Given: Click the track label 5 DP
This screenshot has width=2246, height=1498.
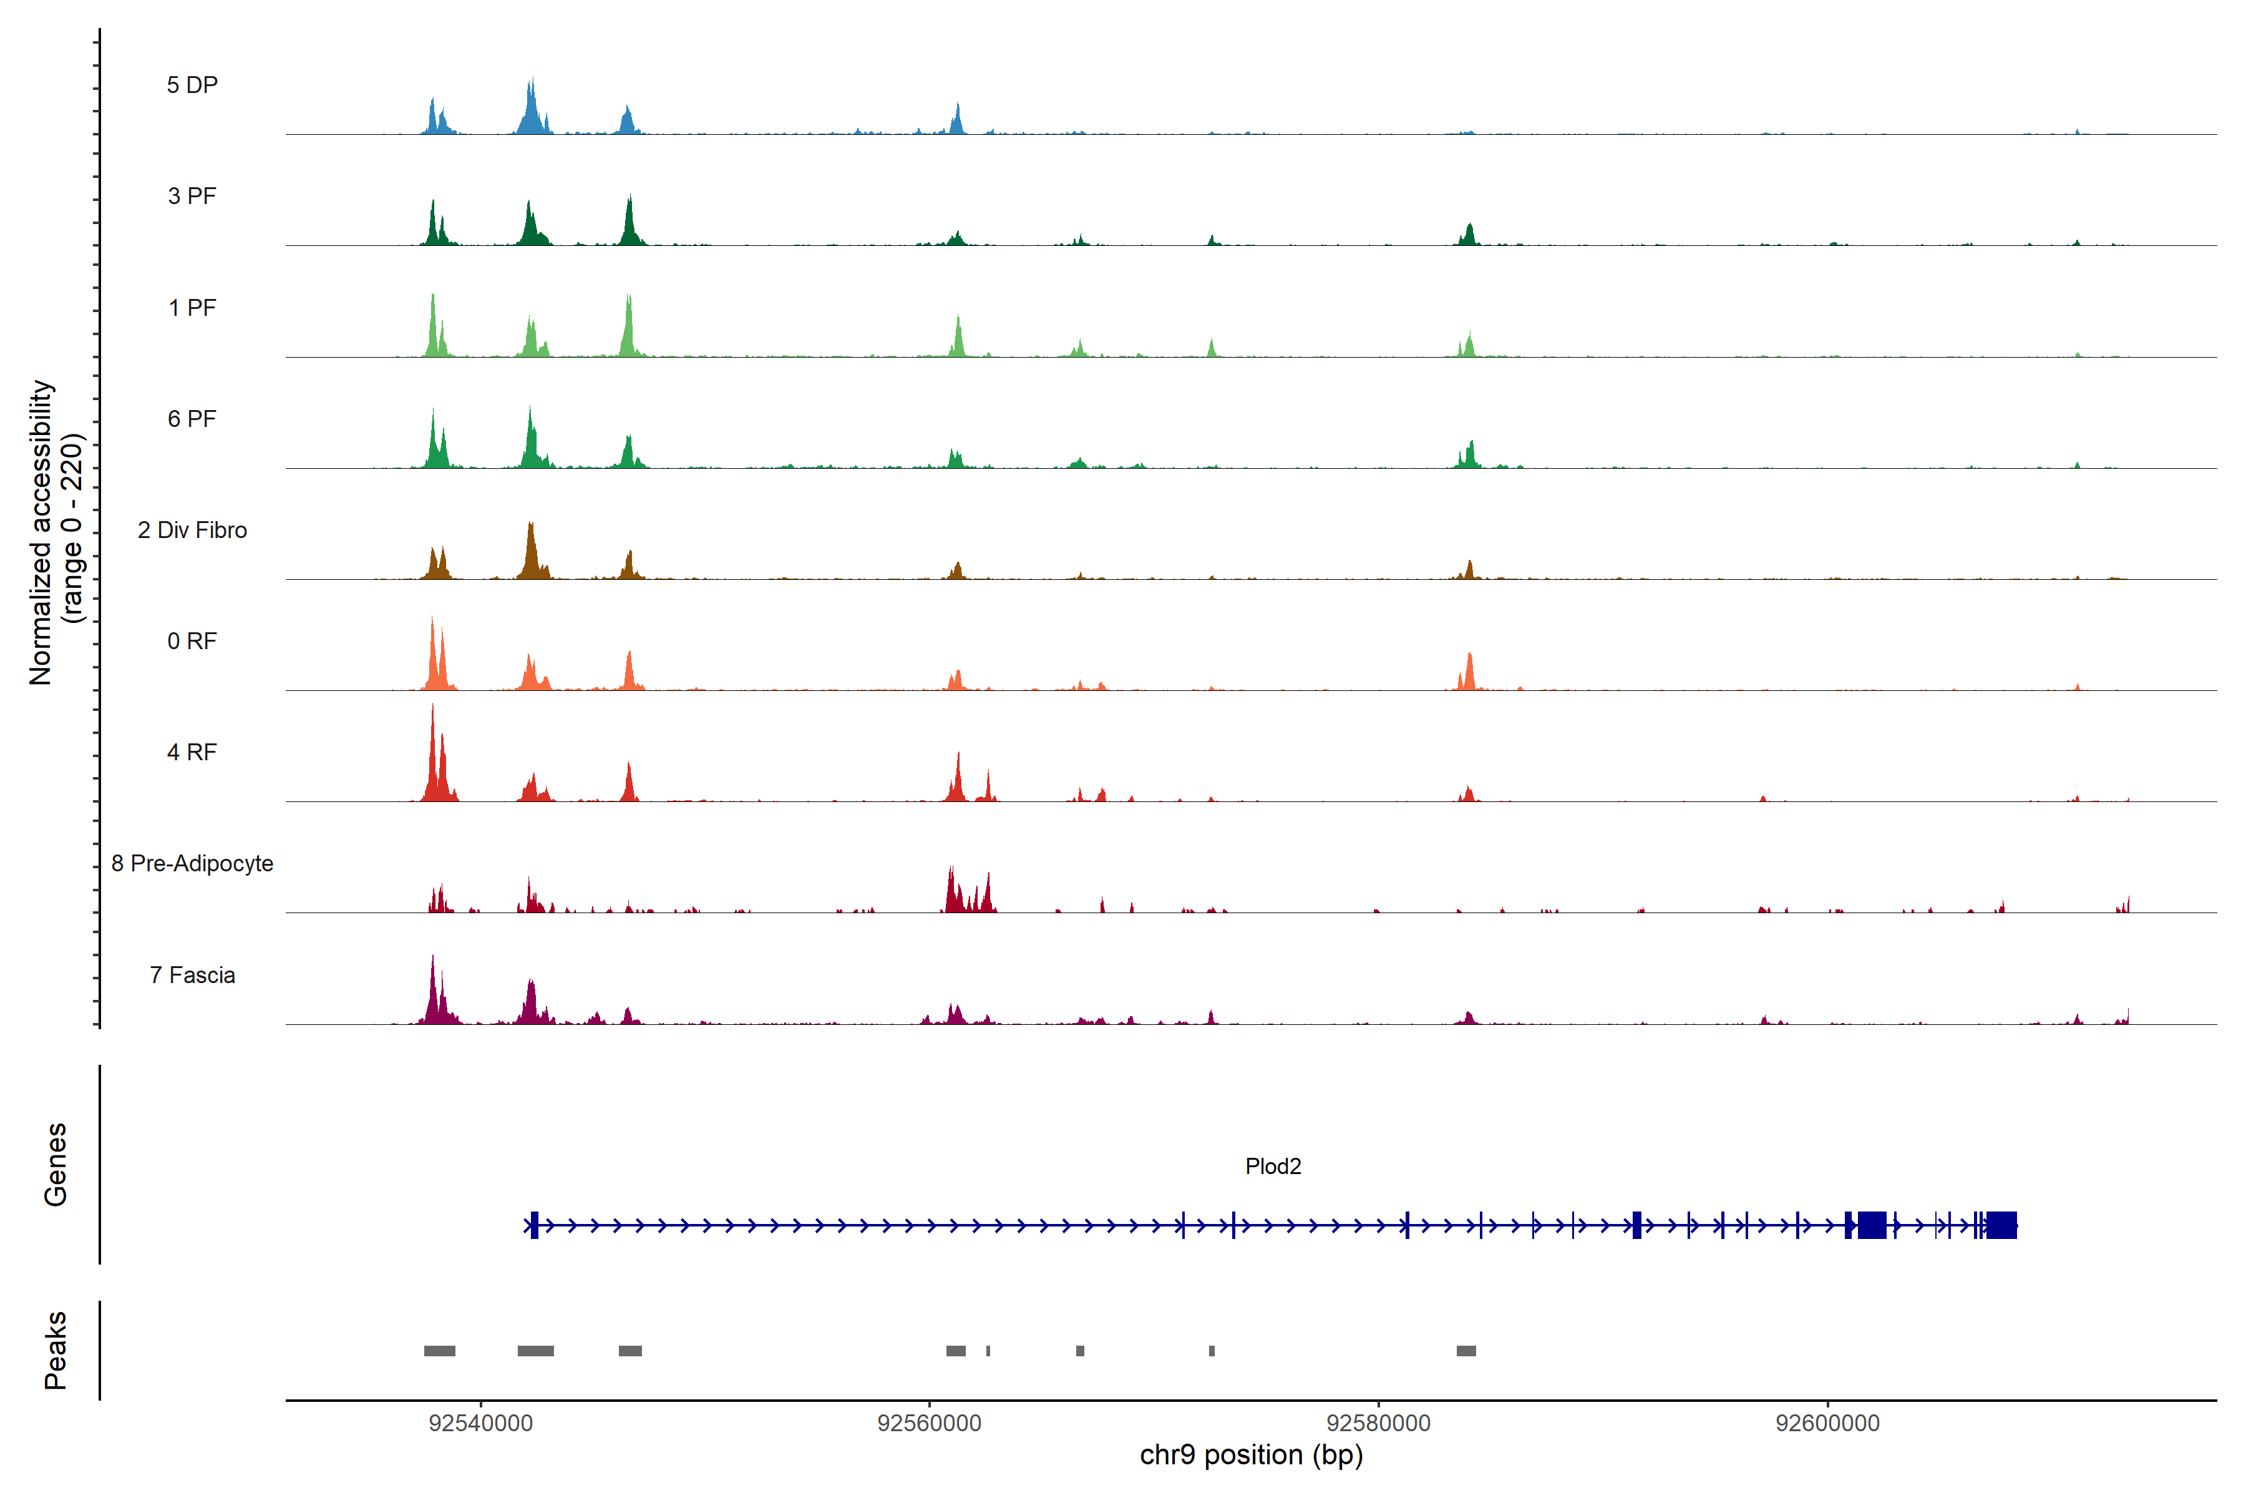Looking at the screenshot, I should pos(192,85).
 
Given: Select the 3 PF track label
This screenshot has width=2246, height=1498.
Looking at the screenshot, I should pos(192,196).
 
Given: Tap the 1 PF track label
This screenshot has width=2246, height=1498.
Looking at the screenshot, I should pos(192,308).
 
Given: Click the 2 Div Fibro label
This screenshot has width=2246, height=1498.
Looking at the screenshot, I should pos(192,530).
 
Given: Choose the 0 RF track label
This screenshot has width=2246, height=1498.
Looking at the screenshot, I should pos(192,641).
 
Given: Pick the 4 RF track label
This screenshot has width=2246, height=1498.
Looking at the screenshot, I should pos(192,752).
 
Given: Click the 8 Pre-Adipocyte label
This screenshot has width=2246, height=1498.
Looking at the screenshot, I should pos(192,864).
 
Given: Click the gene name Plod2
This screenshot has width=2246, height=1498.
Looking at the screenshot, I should pos(1273,1167).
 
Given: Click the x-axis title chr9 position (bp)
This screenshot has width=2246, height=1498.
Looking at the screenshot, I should pos(1251,1455).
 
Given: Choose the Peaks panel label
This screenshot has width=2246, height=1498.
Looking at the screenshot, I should pos(56,1350).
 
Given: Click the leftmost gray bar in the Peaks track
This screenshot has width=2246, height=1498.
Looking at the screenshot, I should pos(439,1351).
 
